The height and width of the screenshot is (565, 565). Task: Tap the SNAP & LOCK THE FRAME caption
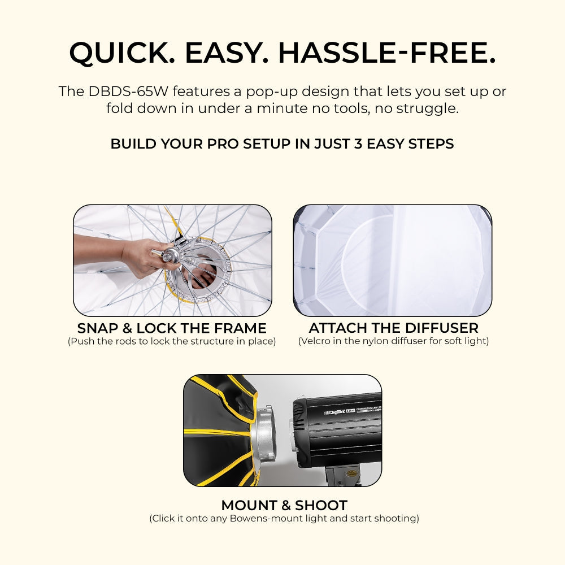(172, 328)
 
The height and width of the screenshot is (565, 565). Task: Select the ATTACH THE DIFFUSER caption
(393, 328)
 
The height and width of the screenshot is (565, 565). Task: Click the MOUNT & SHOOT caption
(284, 505)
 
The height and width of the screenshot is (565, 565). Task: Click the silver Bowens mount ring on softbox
(271, 435)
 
